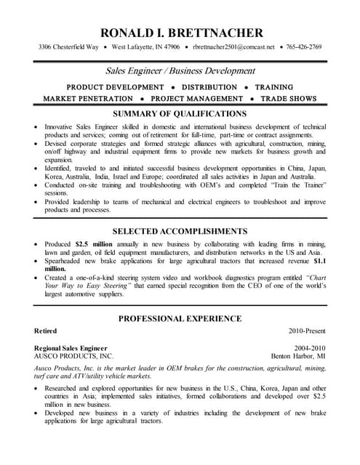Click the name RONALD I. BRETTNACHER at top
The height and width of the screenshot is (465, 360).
[x=181, y=33]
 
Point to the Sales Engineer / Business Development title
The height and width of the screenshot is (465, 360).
[x=181, y=71]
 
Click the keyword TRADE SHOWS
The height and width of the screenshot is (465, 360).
[x=289, y=99]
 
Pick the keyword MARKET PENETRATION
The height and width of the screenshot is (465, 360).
[x=88, y=99]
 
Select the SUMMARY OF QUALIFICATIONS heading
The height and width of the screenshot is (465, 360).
[x=180, y=114]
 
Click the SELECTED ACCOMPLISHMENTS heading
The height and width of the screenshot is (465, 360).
[x=180, y=231]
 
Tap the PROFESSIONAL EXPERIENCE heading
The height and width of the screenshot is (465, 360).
[x=180, y=318]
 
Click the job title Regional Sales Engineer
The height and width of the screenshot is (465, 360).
[x=71, y=348]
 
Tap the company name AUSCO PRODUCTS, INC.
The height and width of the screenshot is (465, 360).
[x=74, y=357]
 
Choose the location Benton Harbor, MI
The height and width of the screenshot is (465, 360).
[x=298, y=357]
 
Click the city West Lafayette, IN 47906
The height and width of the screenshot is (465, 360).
[x=145, y=47]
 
